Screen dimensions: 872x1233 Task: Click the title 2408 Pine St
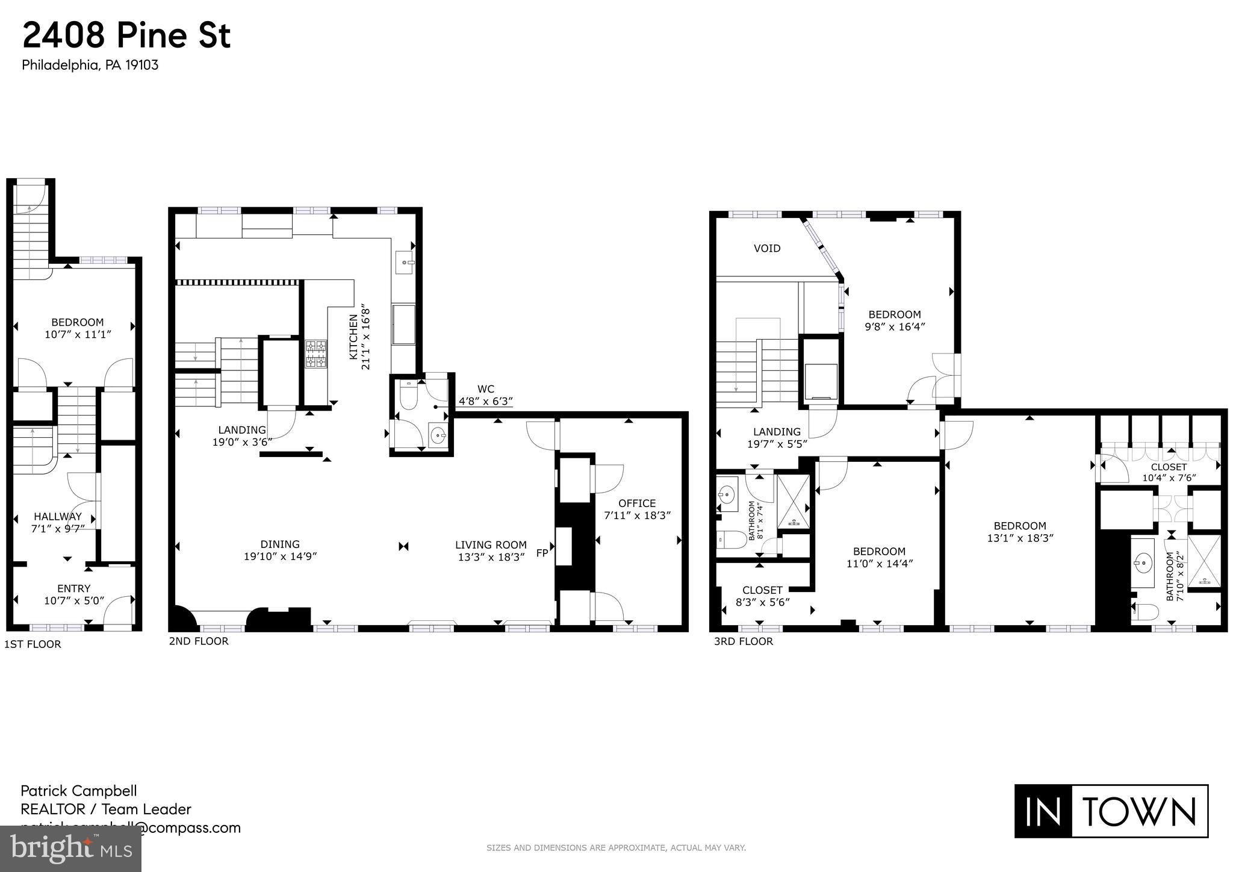point(126,36)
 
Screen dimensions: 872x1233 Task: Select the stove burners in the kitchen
point(317,353)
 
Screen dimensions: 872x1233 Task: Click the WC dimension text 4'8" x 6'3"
point(485,401)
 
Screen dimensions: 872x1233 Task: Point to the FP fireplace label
point(542,552)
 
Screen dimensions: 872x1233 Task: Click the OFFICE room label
point(637,503)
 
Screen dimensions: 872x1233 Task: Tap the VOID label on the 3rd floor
point(767,248)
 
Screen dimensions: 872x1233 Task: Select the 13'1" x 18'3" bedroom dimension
point(1020,538)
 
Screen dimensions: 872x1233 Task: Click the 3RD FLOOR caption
point(744,641)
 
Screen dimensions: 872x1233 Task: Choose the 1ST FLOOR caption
point(33,644)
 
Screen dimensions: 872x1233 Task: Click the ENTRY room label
point(73,588)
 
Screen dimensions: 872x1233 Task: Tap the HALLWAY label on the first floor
point(57,517)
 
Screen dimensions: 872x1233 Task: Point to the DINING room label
point(280,544)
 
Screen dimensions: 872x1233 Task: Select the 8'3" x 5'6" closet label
point(762,602)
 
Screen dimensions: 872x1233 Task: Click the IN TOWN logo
point(1111,811)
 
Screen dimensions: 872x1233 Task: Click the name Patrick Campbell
point(79,791)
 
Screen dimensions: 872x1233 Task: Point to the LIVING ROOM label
point(491,545)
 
